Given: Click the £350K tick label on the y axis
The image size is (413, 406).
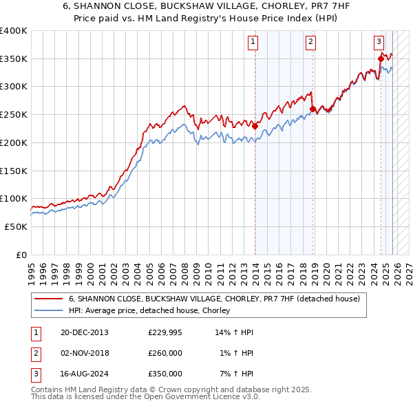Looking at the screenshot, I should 14,58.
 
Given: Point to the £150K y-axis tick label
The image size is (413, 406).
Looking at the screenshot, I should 14,170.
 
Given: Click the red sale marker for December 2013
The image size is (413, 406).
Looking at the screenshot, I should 255,126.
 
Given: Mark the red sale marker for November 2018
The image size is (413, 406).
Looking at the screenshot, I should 313,109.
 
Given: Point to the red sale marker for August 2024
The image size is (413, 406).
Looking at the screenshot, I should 381,58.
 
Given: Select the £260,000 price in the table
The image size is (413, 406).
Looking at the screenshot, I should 165,353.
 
